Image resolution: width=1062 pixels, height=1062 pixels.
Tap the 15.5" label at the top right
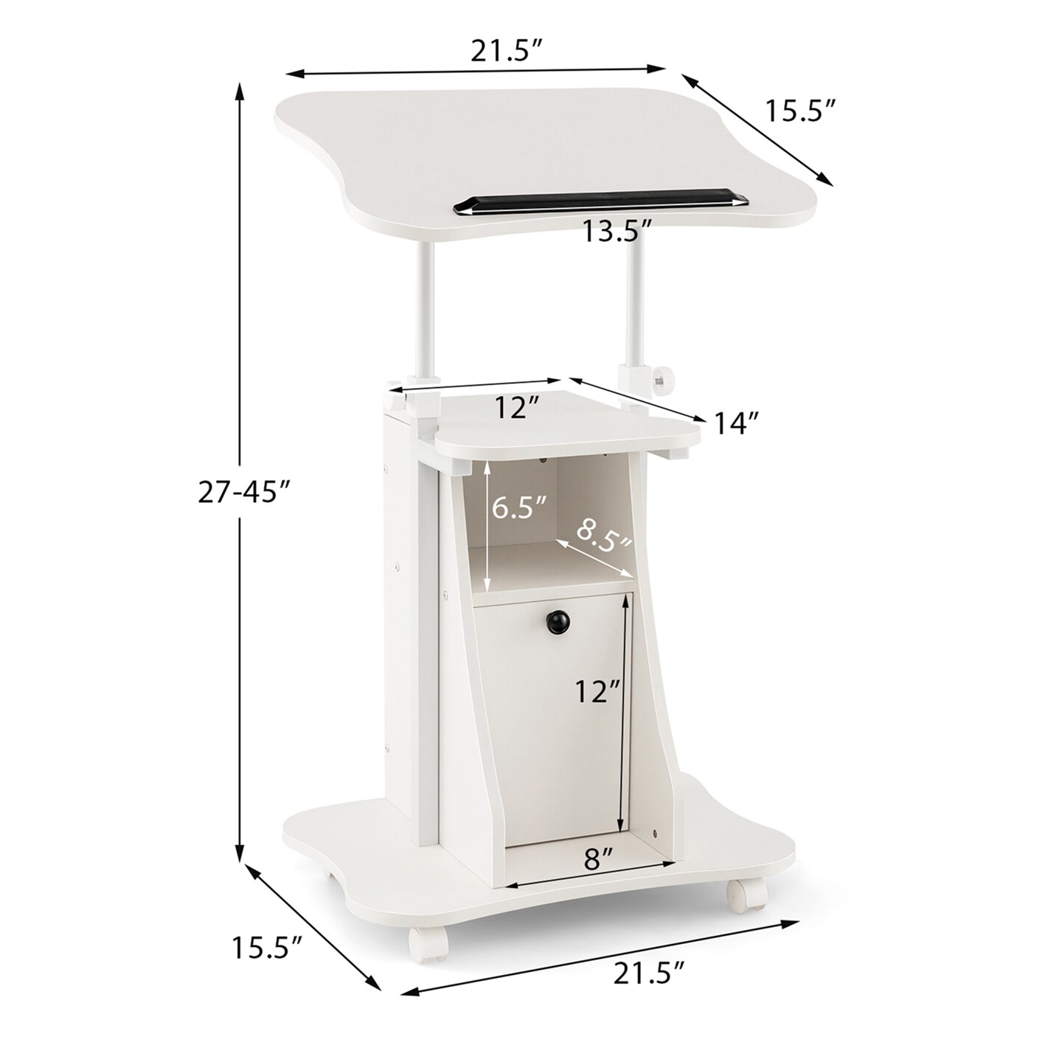click(800, 111)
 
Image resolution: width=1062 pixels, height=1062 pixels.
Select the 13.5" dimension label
click(617, 232)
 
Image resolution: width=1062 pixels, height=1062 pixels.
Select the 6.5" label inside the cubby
click(520, 508)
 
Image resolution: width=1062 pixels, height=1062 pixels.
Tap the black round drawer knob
click(558, 622)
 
